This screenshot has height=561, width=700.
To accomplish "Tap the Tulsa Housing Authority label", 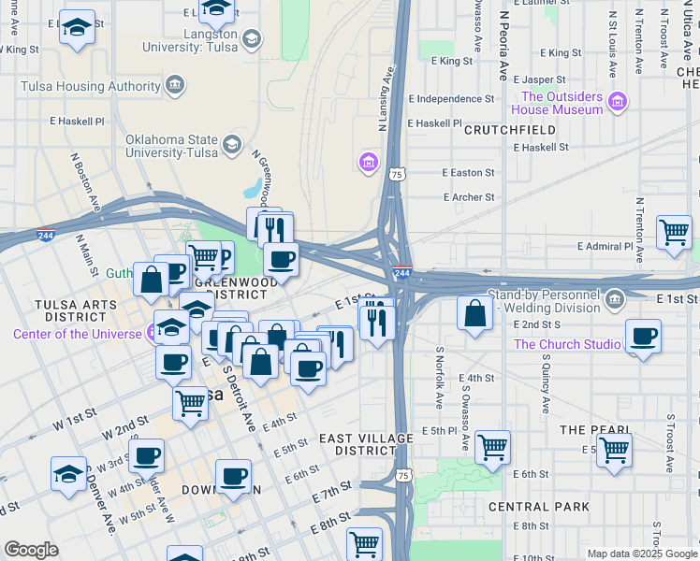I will [92, 86].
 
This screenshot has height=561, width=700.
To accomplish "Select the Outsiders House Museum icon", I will [617, 101].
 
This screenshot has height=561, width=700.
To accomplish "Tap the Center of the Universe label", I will [76, 334].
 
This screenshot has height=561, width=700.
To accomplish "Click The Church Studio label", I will [567, 344].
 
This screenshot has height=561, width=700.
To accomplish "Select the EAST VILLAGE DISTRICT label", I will [365, 444].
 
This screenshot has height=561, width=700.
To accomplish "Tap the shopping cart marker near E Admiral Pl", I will [674, 232].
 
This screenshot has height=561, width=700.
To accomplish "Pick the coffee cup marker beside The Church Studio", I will [643, 337].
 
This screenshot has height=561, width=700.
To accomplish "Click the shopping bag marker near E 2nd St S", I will [475, 313].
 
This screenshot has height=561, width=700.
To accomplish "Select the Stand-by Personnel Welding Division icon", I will [614, 300].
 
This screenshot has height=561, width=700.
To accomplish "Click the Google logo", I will [31, 550].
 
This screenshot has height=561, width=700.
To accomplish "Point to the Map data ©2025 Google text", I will [641, 554].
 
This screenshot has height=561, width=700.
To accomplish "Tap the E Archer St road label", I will [468, 197].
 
